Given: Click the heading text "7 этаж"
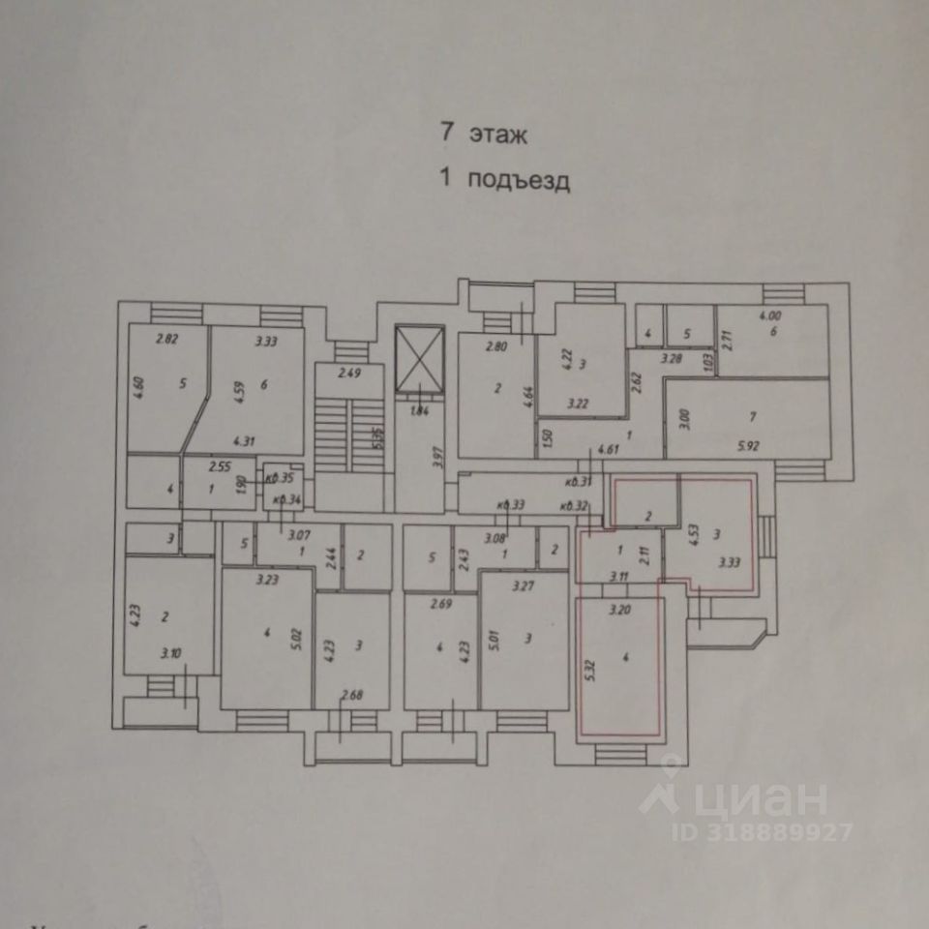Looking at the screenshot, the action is (x=483, y=135).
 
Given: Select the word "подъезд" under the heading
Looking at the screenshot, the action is (x=518, y=180).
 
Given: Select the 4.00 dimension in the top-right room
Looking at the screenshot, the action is (x=769, y=316).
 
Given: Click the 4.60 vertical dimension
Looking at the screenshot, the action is (x=137, y=383).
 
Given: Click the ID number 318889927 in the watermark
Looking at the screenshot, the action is (x=779, y=831).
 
